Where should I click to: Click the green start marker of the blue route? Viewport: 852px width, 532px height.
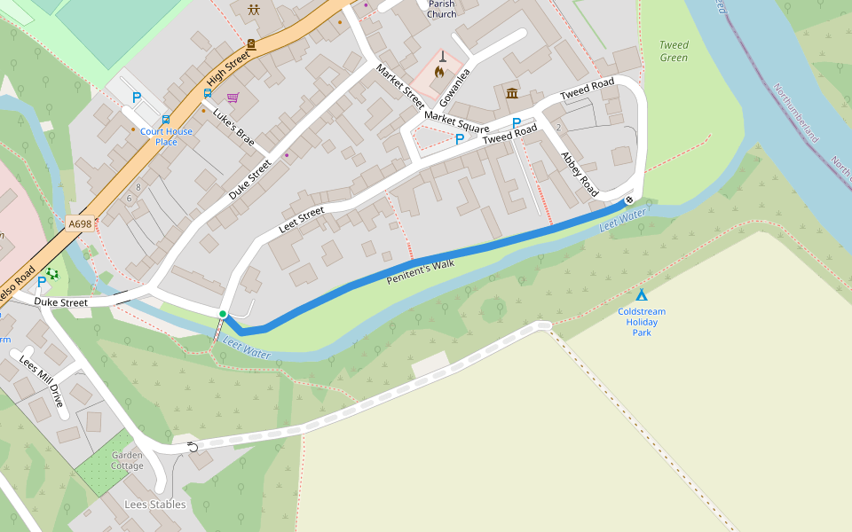coord(223,314)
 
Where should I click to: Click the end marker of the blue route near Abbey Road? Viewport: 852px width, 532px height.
coord(629,199)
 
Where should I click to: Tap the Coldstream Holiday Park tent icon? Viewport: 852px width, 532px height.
coord(641,294)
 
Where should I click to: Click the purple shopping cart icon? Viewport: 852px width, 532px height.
coord(233,98)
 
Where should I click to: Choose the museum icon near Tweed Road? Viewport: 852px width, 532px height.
coord(512,93)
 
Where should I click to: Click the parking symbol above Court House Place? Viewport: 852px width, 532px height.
coord(137,98)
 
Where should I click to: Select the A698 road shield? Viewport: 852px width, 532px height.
coord(80,226)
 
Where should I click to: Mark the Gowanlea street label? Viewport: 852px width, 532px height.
coord(453,87)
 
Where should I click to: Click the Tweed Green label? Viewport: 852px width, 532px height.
coord(674,51)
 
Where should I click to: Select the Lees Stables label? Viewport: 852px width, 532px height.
coord(155,505)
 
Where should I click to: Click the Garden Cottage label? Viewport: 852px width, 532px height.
coord(127,460)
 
